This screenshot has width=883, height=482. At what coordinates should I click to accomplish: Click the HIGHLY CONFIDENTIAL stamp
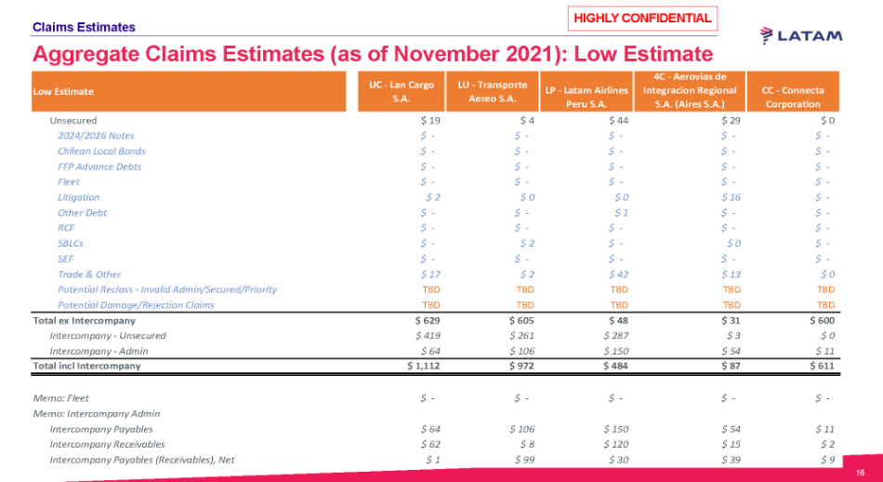coord(642,18)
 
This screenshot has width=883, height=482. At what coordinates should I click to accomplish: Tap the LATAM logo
coord(801,35)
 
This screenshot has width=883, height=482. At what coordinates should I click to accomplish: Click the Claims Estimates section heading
coord(84,28)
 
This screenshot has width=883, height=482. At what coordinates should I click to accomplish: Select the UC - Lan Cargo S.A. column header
coord(401,91)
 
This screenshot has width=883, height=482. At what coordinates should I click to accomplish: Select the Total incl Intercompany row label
coord(86,366)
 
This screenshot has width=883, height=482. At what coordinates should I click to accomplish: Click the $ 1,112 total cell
coord(423,366)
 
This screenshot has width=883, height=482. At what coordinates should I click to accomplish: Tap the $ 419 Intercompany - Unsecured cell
coord(428,335)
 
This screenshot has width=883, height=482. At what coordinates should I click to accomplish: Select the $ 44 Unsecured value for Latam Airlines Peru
coord(618,120)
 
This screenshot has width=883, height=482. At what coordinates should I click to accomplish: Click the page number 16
coord(861,472)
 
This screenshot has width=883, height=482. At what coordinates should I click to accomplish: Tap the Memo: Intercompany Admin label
coord(96,413)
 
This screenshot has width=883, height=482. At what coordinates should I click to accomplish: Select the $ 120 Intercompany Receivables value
coord(615,444)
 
